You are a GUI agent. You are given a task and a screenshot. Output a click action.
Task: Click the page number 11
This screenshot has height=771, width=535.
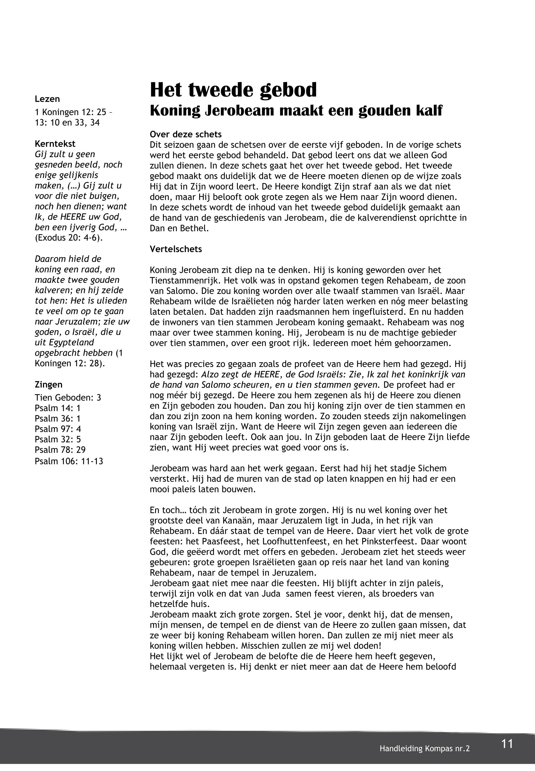[507, 744]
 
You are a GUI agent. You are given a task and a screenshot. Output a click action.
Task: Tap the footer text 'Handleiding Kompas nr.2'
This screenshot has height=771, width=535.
[425, 749]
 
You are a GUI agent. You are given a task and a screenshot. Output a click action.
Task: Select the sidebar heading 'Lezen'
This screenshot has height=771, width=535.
[47, 99]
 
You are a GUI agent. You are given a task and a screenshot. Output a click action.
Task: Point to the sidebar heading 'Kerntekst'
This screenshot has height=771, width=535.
[55, 144]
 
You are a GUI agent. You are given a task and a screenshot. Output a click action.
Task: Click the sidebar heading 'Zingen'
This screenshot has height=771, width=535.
[49, 385]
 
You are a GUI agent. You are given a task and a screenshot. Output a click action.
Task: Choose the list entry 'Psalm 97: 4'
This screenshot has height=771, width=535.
[58, 429]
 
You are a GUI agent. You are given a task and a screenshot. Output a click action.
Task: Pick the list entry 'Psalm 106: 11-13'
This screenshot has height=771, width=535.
[69, 461]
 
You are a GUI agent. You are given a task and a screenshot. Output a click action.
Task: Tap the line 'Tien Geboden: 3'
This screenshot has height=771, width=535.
[68, 398]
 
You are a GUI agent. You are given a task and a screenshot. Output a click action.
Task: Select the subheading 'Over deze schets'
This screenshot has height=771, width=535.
[186, 134]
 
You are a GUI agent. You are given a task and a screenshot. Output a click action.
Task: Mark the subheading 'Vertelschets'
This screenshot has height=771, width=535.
[176, 249]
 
